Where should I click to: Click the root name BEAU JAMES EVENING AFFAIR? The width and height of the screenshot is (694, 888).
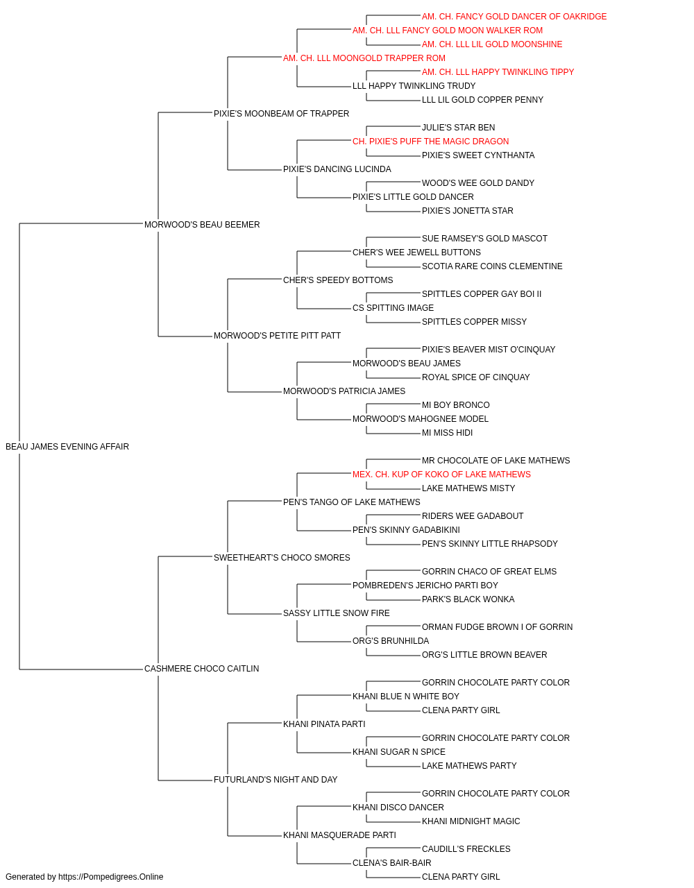[x=67, y=447]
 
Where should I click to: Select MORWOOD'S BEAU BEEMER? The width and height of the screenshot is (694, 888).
[x=202, y=225]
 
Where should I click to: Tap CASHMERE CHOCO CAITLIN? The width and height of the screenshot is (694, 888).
[x=201, y=669]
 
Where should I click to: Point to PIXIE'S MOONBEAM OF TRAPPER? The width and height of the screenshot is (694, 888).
[x=281, y=114]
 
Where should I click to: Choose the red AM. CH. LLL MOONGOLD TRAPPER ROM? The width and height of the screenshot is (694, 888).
[x=364, y=58]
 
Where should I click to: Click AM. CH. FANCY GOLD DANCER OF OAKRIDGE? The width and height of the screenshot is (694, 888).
[x=514, y=17]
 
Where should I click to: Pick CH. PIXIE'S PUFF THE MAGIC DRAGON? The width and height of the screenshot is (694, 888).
[x=430, y=142]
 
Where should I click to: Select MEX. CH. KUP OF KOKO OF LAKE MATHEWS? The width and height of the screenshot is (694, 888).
[x=441, y=475]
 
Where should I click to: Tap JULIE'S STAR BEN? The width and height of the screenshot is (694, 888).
[x=458, y=128]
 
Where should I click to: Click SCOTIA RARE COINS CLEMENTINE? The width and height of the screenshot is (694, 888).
[x=492, y=266]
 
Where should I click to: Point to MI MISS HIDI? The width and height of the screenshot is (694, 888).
[x=447, y=433]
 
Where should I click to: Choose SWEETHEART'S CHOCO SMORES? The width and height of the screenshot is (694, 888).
[x=282, y=558]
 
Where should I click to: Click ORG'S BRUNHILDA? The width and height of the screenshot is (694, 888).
[x=391, y=641]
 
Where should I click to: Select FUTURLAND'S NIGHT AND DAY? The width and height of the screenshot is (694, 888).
[x=276, y=780]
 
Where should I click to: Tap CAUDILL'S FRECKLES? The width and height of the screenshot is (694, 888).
[x=466, y=849]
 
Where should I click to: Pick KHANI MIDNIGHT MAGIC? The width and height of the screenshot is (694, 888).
[x=471, y=821]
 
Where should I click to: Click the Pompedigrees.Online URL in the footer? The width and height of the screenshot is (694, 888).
[x=111, y=877]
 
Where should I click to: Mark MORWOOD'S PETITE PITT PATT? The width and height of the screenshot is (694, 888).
[x=277, y=336]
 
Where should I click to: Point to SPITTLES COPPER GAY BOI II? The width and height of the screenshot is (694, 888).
[x=482, y=294]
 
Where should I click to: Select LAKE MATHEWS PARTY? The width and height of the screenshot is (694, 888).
[x=469, y=766]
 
